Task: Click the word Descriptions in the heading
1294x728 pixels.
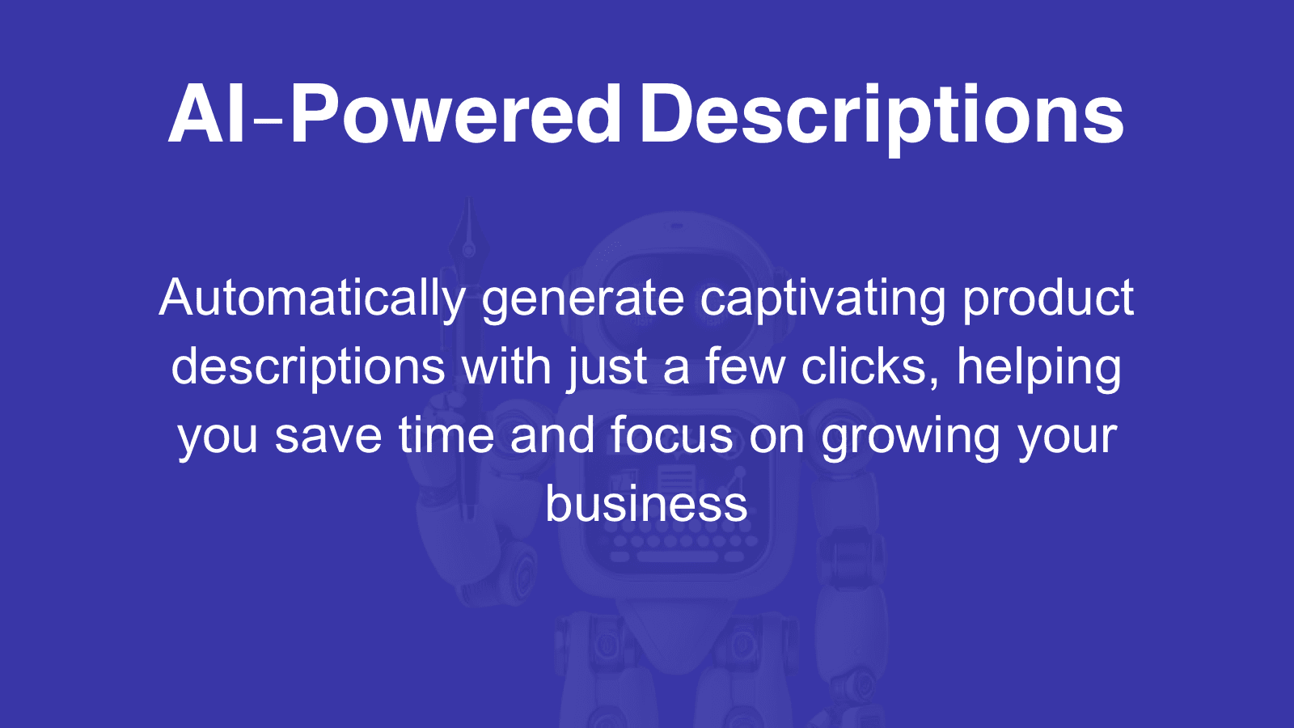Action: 882,116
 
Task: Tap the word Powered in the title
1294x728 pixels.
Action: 455,116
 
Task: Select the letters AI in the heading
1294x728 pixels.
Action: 206,116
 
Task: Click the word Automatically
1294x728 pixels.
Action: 312,298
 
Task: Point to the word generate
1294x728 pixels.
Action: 582,298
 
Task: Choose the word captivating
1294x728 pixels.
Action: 822,298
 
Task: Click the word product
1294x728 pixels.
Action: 1048,298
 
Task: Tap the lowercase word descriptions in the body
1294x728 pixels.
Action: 308,367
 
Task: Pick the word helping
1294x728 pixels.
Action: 1039,367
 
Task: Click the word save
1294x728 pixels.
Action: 328,436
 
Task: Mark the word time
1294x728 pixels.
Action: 446,436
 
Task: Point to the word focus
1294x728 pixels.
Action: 671,436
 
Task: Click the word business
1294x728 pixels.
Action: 646,504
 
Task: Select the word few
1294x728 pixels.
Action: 745,367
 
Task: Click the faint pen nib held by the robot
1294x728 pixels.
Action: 468,239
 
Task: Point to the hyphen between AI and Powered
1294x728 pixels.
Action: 268,123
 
